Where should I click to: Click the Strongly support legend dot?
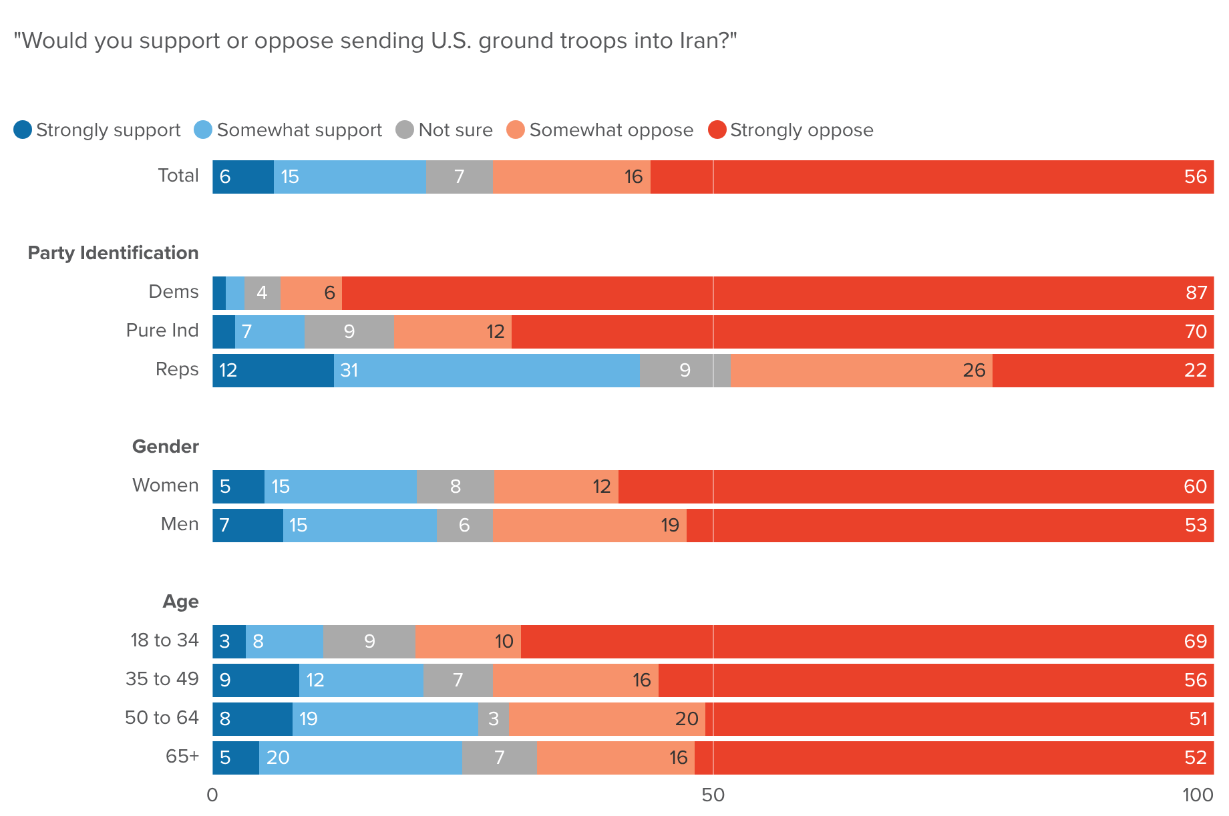[23, 130]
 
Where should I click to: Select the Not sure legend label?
[455, 130]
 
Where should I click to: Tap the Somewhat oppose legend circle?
[516, 130]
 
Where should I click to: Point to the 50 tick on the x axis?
[713, 795]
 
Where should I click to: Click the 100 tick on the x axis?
[1198, 795]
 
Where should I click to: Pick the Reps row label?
[177, 369]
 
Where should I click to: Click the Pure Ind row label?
[162, 331]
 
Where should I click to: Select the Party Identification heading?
[113, 253]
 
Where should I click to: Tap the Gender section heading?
[165, 447]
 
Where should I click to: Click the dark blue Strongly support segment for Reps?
[273, 371]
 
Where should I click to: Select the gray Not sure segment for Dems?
[262, 293]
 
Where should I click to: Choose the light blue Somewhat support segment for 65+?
[361, 758]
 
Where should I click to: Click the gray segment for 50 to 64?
[494, 719]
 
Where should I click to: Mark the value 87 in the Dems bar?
[1196, 293]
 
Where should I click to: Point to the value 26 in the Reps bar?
[974, 371]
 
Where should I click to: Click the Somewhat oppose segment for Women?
[556, 487]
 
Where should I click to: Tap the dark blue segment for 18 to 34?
[229, 642]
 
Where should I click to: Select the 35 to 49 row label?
[162, 679]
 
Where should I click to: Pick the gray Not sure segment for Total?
[460, 177]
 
